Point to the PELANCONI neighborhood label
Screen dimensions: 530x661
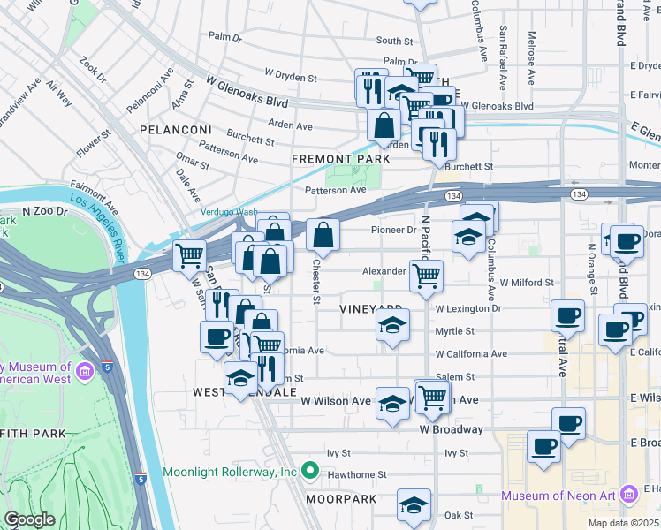coord(173,129)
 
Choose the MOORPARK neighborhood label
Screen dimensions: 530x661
coord(341,499)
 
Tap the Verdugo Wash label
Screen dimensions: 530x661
coord(230,212)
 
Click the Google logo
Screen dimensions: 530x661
coord(29,519)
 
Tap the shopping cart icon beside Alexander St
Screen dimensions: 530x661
coord(427,276)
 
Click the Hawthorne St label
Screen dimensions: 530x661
coord(357,474)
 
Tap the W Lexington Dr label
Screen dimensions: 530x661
coord(468,309)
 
